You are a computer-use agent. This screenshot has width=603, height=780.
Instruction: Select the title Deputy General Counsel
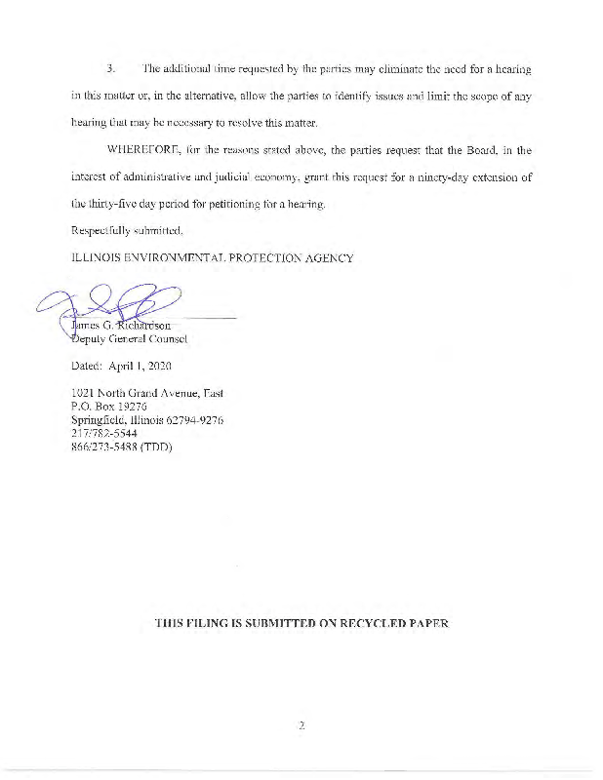point(122,339)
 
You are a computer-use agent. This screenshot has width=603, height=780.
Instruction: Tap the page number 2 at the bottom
point(302,724)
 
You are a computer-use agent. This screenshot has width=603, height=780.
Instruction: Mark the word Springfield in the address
point(101,419)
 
